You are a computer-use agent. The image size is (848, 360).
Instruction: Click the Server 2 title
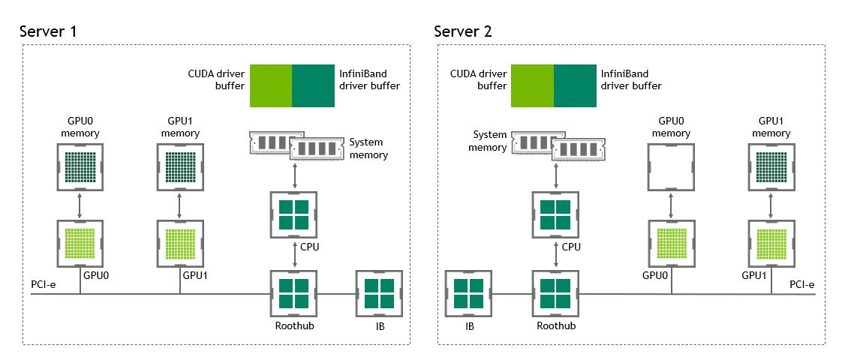coord(463,31)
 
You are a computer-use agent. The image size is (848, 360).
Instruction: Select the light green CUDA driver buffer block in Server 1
coord(270,86)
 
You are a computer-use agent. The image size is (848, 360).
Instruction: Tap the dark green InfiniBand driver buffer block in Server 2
coord(576,86)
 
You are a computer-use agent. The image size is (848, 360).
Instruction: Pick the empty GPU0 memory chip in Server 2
coord(670,166)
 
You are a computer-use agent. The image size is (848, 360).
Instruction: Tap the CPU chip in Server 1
coord(293,214)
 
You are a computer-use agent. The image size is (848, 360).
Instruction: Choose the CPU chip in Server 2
coord(556,214)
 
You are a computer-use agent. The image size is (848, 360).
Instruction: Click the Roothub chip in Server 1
coord(293,294)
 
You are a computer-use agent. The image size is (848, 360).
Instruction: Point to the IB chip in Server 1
coord(379,294)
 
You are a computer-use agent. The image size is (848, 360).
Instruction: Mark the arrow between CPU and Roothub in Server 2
coord(556,255)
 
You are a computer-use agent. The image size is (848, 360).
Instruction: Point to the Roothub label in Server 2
coord(555,327)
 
